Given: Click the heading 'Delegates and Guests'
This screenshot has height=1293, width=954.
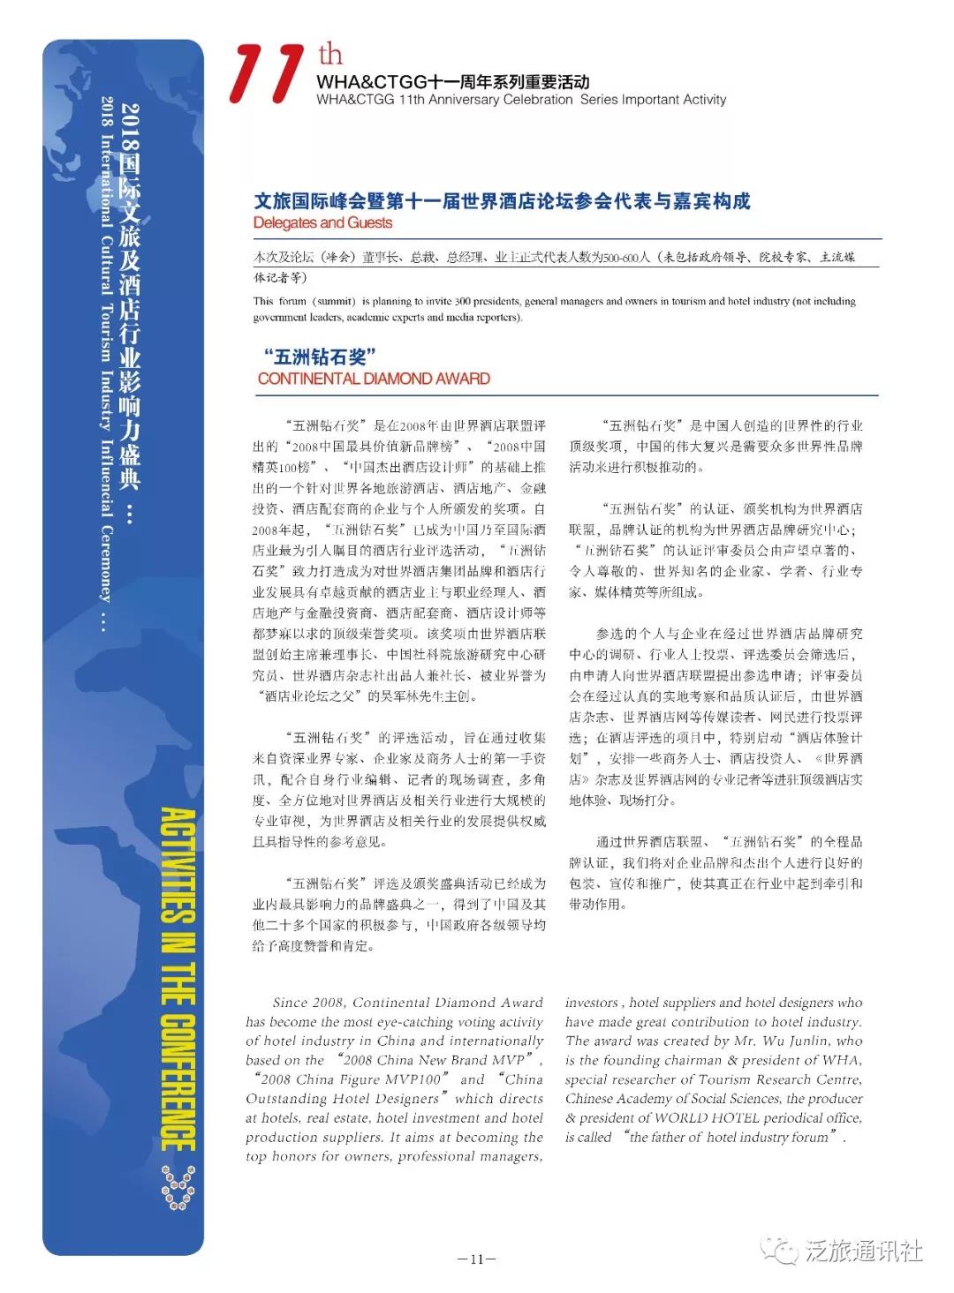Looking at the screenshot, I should (322, 223).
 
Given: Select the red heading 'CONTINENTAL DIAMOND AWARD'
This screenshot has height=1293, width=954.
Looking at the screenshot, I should (374, 379).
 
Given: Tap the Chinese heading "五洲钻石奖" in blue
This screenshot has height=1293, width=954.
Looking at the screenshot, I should (320, 357).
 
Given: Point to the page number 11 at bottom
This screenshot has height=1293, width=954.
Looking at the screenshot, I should (476, 1259).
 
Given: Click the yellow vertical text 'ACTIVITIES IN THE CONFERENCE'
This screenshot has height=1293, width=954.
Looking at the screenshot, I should (178, 980).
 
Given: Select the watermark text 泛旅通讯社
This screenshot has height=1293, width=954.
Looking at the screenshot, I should (863, 1251).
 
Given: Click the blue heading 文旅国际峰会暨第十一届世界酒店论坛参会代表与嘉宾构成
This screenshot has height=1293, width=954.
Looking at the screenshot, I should (502, 201).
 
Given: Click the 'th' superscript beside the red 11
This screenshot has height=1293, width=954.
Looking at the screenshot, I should (330, 56).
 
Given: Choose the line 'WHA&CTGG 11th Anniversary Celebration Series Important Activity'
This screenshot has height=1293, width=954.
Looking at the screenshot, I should (521, 100).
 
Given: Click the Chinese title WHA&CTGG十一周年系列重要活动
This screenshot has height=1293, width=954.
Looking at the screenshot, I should (452, 82).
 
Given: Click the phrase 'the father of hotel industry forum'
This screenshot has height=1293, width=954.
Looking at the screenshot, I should (730, 1137).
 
